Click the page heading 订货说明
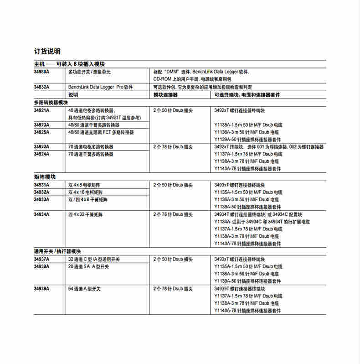coord(47,51)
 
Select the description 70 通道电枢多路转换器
coord(91,147)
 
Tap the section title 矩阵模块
coord(44,177)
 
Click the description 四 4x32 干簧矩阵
coord(87,214)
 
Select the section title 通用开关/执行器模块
coord(57,251)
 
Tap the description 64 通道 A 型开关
coord(88,289)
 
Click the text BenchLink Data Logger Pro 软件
coord(101,87)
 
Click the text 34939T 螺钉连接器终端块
coord(239,289)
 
